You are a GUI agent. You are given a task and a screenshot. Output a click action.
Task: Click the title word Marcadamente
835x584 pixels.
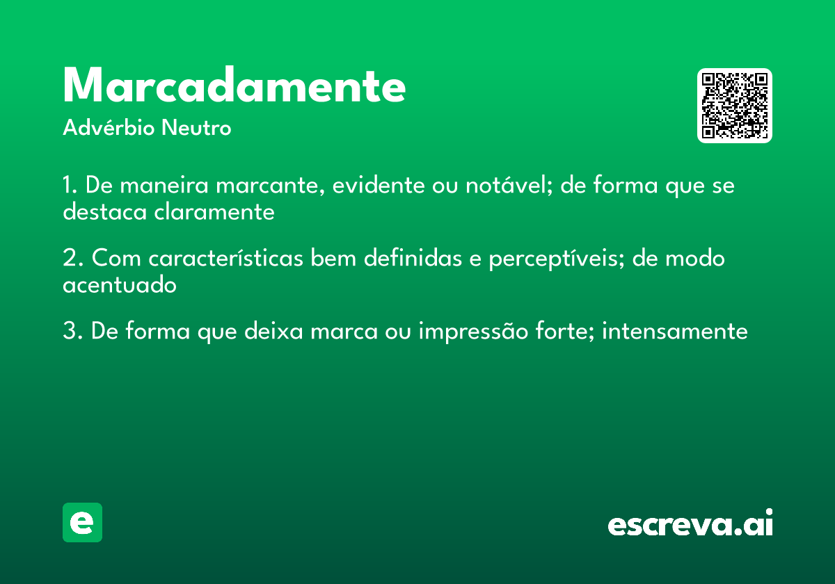tap(234, 86)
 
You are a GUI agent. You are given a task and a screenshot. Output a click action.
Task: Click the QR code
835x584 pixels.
tap(735, 106)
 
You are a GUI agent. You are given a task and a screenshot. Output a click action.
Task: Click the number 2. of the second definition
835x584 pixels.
tap(72, 259)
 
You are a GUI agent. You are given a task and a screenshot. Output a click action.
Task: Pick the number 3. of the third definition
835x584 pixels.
tap(72, 332)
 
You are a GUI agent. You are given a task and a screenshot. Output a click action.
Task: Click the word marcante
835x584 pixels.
tap(270, 186)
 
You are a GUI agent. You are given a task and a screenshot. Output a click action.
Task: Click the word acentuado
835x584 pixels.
tap(120, 285)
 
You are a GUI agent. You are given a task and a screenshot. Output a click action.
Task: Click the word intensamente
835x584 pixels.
tap(674, 332)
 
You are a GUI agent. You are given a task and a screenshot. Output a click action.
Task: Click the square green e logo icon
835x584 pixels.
tap(82, 522)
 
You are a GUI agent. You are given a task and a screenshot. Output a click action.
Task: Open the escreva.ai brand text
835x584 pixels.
tap(690, 524)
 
